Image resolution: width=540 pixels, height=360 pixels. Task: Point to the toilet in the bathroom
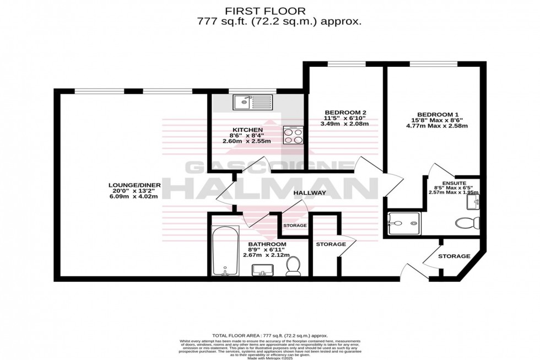(x=293, y=266)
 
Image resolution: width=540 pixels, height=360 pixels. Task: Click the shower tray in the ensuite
(x=404, y=223)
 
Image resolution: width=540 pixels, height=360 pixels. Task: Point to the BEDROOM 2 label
(x=345, y=112)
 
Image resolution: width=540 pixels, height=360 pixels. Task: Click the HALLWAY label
(x=309, y=193)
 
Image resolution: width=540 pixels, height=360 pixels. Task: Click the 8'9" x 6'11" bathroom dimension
(x=266, y=249)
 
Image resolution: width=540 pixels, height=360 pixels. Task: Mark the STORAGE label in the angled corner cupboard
(x=454, y=256)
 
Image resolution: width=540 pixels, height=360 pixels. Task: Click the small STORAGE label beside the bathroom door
(x=295, y=226)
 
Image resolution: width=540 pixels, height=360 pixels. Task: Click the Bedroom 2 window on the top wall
(x=345, y=66)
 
